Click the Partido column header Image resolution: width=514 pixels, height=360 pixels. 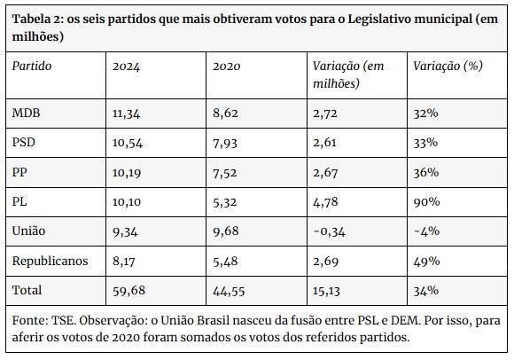pyautogui.click(x=32, y=66)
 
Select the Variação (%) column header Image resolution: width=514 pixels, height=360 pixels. pyautogui.click(x=448, y=66)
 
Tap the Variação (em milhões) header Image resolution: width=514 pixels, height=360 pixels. pyautogui.click(x=348, y=74)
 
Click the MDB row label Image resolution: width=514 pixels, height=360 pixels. pyautogui.click(x=26, y=113)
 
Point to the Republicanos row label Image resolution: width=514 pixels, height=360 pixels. pyautogui.click(x=51, y=261)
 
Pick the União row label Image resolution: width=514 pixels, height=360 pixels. pyautogui.click(x=28, y=231)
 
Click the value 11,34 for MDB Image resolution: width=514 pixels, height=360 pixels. pyautogui.click(x=126, y=113)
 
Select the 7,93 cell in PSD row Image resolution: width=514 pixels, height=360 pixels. pyautogui.click(x=225, y=144)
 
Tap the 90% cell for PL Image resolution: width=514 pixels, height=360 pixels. pyautogui.click(x=426, y=201)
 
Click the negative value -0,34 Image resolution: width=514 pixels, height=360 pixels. pyautogui.click(x=329, y=231)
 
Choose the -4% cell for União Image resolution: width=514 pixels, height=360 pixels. pyautogui.click(x=426, y=231)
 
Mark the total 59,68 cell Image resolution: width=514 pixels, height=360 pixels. pyautogui.click(x=128, y=291)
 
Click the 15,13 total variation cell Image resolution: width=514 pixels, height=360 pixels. pyautogui.click(x=326, y=291)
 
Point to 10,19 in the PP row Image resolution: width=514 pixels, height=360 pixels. pyautogui.click(x=127, y=173)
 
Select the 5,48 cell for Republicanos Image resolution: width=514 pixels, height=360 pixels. pyautogui.click(x=225, y=262)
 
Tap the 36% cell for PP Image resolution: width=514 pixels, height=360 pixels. pyautogui.click(x=425, y=172)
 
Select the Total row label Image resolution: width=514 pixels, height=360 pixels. pyautogui.click(x=27, y=290)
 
